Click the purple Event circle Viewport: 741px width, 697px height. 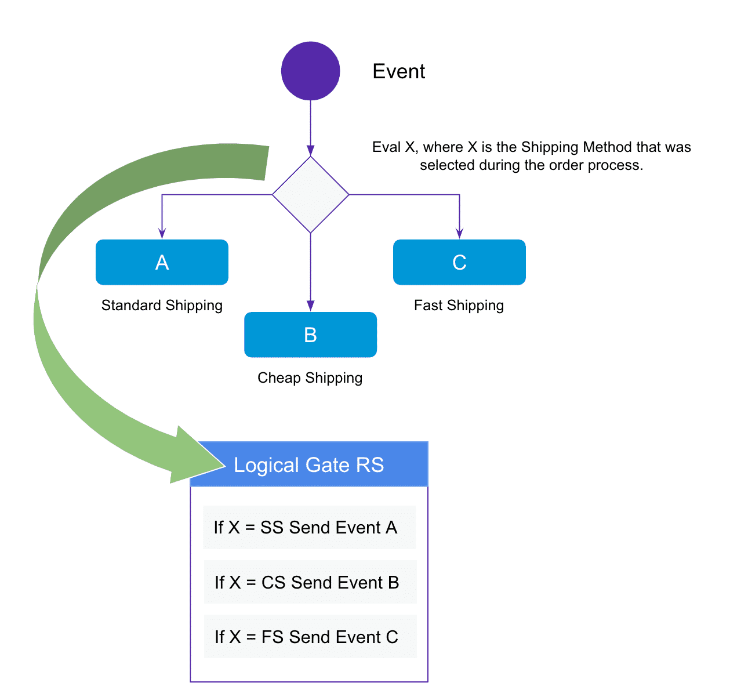310,71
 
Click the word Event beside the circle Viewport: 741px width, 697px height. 398,71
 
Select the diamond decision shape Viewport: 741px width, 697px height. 310,195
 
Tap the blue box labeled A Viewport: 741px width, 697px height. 162,262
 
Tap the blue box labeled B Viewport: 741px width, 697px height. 310,335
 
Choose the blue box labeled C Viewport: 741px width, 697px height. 459,262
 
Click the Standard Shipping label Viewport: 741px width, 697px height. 162,306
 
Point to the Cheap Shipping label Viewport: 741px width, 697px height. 310,378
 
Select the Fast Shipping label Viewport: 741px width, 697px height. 459,306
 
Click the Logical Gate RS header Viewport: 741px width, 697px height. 309,464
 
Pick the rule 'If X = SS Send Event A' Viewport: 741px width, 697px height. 306,528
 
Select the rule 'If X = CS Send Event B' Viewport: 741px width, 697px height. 307,582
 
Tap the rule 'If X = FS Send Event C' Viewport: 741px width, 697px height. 307,637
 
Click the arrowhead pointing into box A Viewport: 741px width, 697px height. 162,233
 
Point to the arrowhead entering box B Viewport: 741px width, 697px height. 310,306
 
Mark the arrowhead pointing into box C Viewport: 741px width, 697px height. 459,233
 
